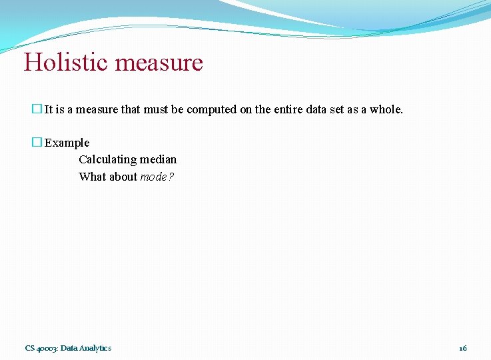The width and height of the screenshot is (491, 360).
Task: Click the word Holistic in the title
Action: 67,63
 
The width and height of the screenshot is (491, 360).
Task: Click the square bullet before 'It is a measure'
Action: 37,109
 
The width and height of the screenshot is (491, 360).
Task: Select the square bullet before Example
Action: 37,143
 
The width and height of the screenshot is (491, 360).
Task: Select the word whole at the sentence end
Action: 386,109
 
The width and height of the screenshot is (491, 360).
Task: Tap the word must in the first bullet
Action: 156,109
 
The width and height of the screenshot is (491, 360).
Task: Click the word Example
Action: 67,143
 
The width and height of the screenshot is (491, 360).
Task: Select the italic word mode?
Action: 157,177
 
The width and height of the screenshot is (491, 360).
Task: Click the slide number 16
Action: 463,348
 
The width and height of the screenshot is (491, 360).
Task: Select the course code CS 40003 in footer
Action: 41,348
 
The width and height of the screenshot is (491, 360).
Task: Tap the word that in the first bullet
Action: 131,109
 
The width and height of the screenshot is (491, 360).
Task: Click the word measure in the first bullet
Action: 97,109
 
